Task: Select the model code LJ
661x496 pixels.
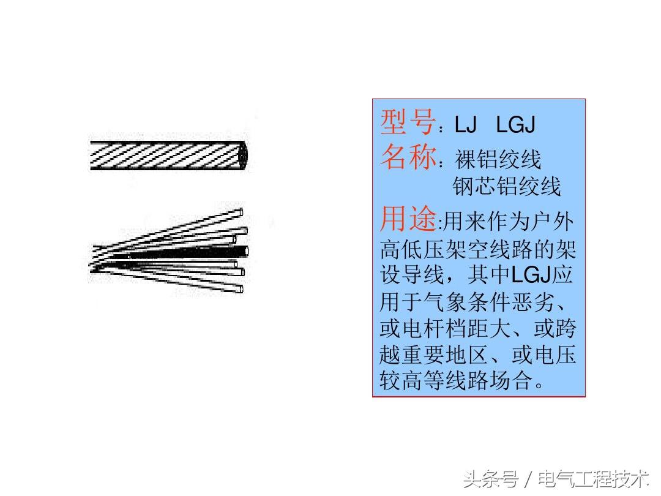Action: pos(465,125)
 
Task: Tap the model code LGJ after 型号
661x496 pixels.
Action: pos(515,125)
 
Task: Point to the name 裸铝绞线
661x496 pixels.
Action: pos(498,160)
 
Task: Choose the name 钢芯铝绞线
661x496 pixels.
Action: pos(507,187)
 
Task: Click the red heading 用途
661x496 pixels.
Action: pos(407,219)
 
